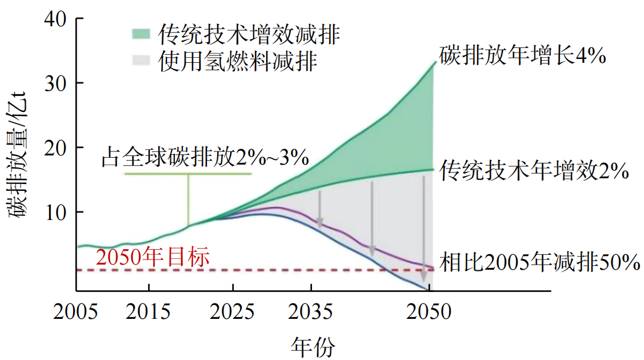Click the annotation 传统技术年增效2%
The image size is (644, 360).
(534, 171)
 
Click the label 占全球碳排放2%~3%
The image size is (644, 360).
(205, 157)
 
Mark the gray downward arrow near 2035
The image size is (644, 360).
(320, 209)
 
